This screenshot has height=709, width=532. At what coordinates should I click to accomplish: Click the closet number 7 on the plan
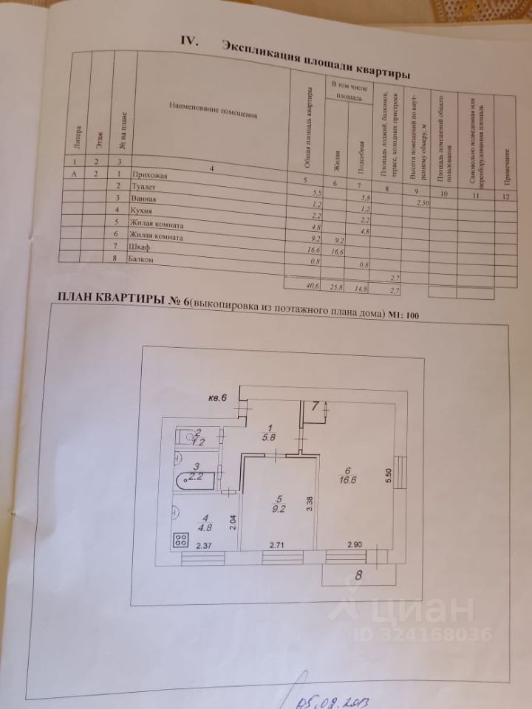(315, 405)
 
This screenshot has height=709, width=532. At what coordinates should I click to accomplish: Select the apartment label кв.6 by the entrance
(217, 399)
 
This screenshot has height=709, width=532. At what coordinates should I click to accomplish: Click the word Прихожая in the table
(149, 175)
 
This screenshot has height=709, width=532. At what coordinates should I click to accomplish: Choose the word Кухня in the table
(139, 211)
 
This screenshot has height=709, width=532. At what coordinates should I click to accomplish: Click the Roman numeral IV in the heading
(187, 41)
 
